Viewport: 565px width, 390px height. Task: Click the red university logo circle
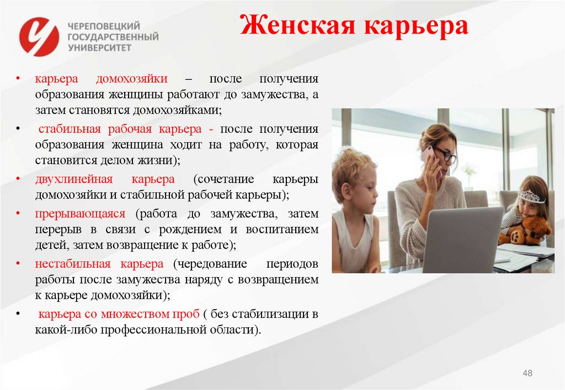tap(39, 36)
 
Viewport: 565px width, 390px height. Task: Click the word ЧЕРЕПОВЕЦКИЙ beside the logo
tap(103, 26)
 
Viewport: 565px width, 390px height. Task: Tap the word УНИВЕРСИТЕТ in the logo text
tap(99, 48)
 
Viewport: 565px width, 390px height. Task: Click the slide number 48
tap(527, 374)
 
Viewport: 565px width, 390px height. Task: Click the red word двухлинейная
tap(74, 179)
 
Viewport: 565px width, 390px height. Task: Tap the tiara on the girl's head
tap(531, 196)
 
